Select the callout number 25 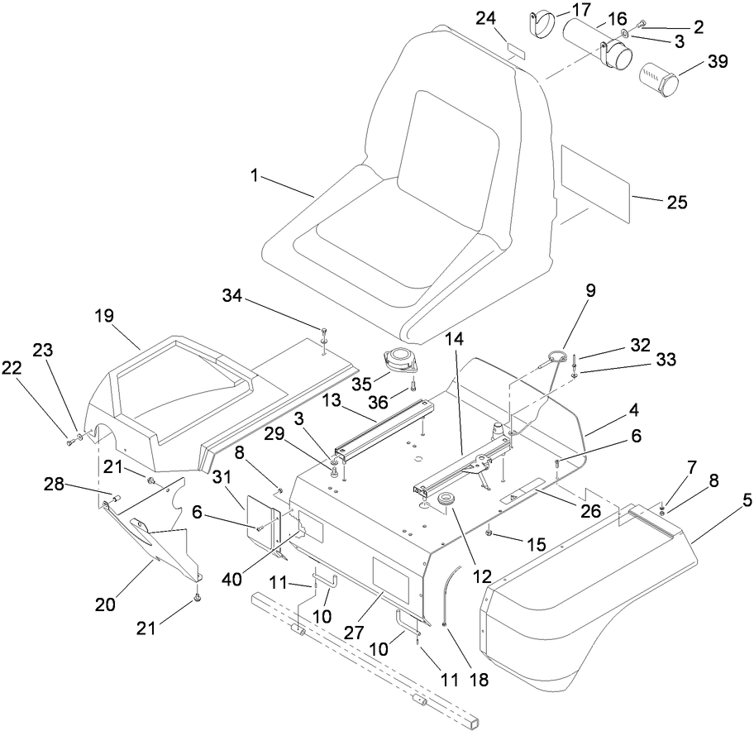(x=676, y=201)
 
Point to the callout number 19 (x=104, y=316)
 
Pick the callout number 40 (x=232, y=579)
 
